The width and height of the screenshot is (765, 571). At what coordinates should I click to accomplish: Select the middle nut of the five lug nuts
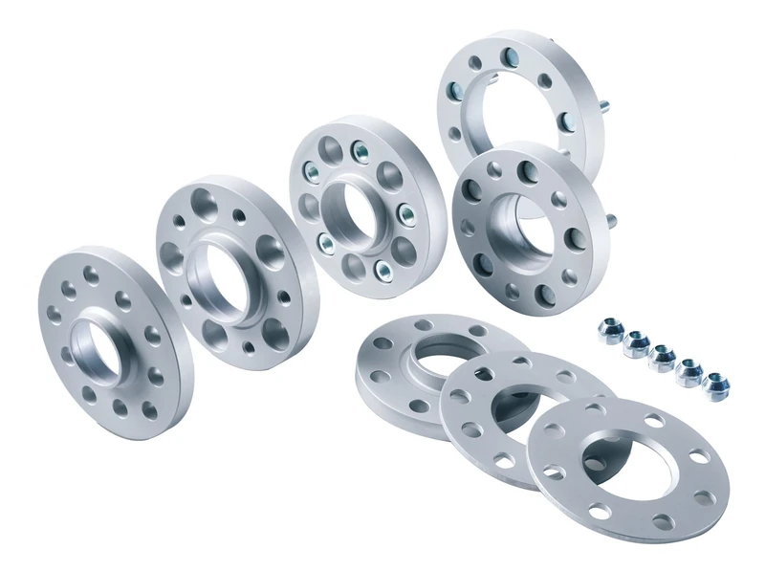(x=661, y=359)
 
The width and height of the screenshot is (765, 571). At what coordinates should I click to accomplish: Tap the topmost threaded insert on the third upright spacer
(x=361, y=149)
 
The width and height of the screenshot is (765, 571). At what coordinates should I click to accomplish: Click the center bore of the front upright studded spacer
(x=522, y=227)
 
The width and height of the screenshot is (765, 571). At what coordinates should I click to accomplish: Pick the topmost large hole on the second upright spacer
(x=207, y=204)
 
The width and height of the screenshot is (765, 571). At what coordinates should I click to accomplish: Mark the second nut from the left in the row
(x=634, y=344)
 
